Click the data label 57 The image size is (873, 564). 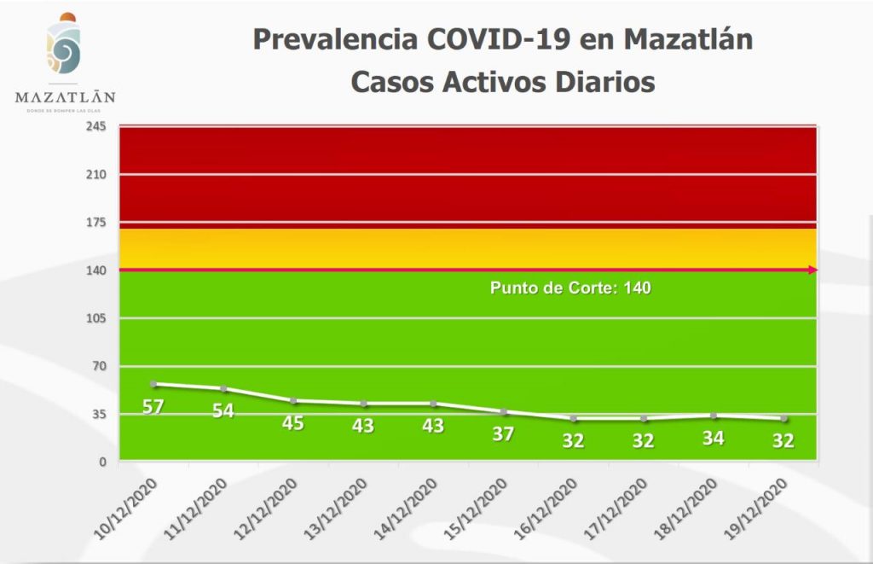153,407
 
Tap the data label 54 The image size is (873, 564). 223,410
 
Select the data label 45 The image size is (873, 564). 293,422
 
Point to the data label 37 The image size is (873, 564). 503,433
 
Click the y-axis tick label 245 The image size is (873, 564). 95,127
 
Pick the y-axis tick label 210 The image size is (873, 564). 95,175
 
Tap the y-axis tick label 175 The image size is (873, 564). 95,223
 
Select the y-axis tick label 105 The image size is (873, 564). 95,318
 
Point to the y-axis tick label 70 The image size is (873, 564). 98,366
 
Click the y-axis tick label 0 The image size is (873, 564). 101,462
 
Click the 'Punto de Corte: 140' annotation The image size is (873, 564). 570,288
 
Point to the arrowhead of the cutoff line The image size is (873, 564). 813,270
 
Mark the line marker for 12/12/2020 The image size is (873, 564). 293,401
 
